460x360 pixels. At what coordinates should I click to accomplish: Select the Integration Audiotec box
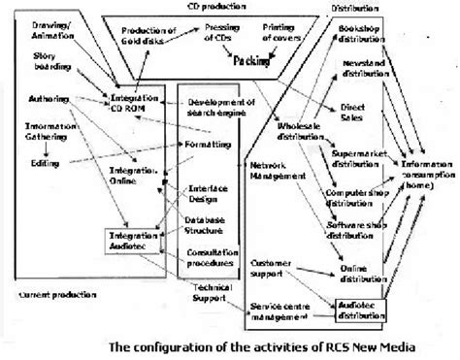tap(130, 214)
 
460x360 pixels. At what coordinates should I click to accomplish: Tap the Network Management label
tap(275, 171)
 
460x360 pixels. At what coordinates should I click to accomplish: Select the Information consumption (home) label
tap(424, 171)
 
